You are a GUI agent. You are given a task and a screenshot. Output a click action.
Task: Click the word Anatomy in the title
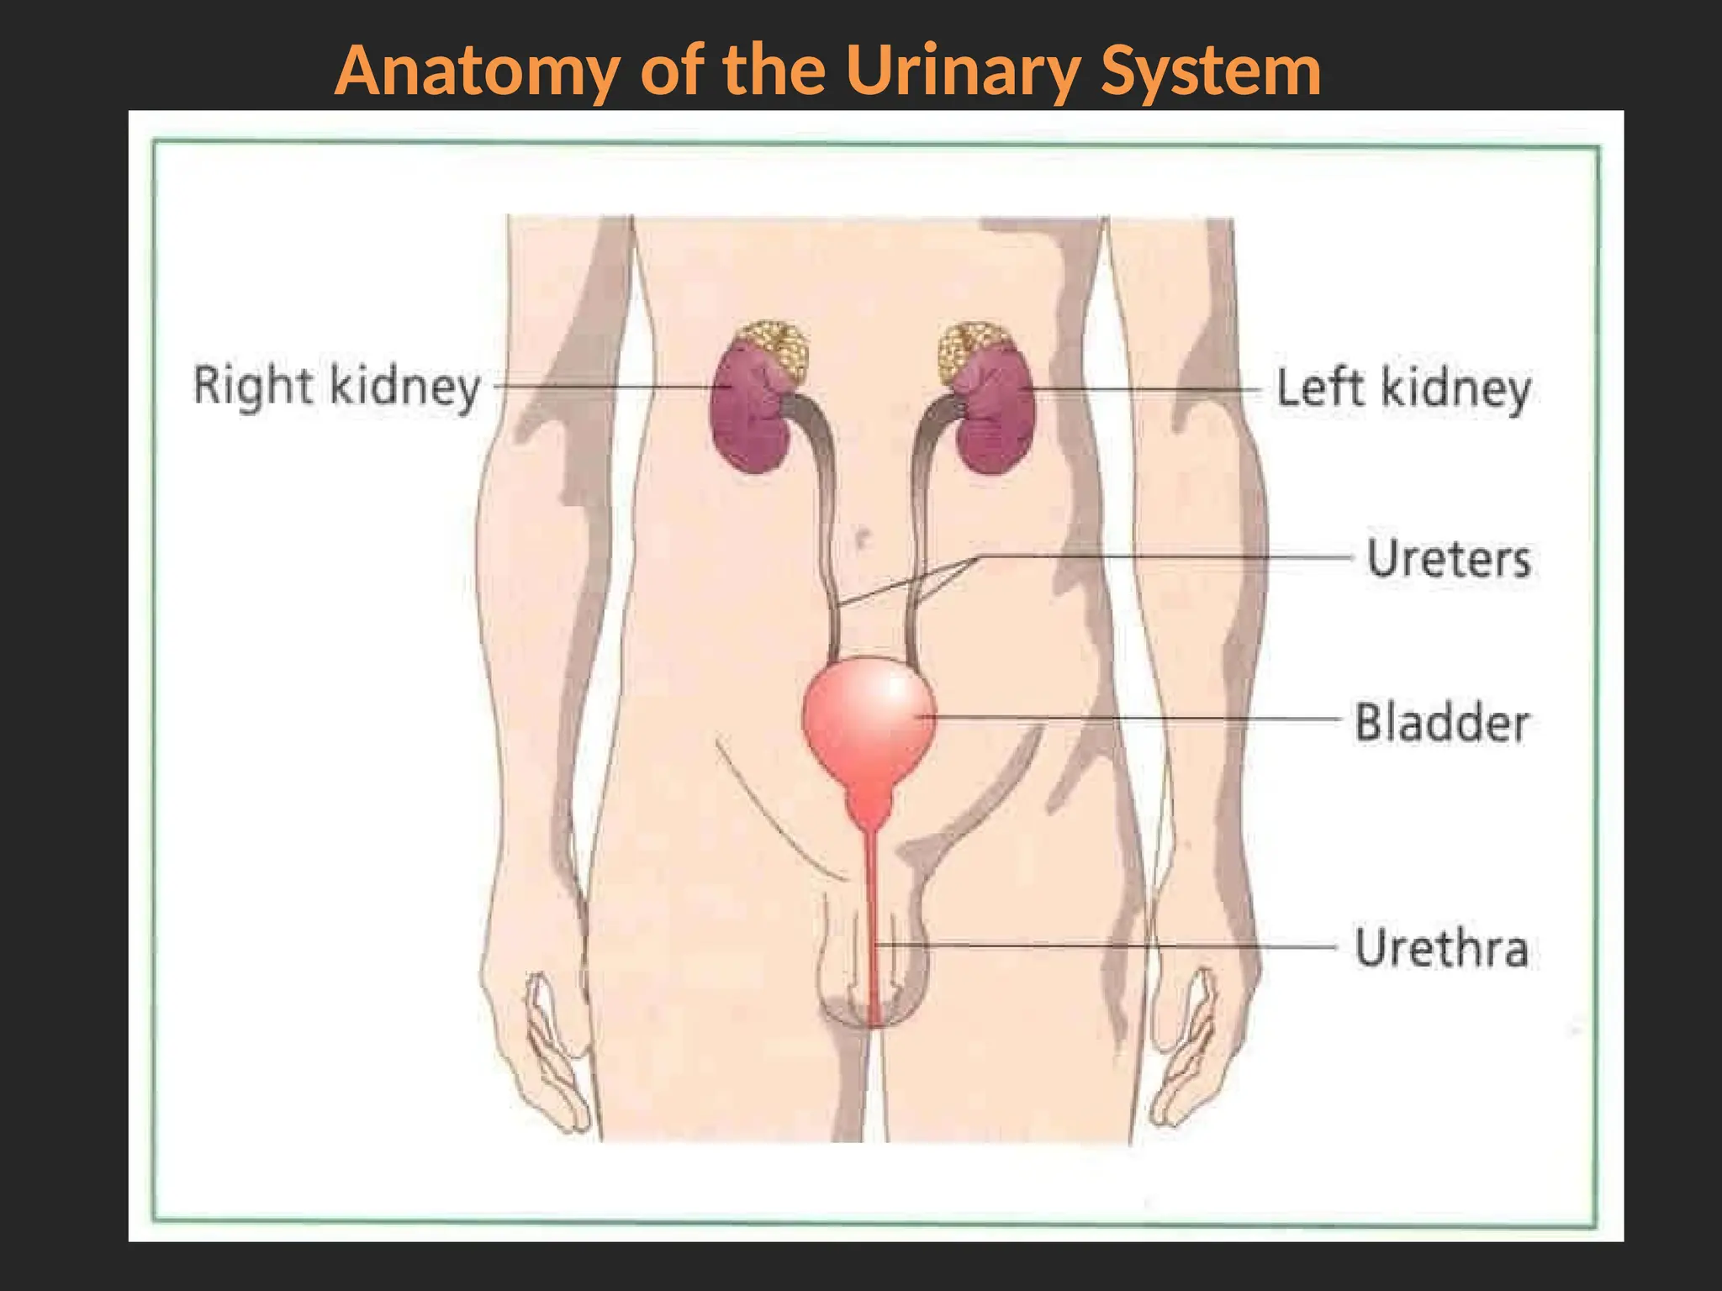click(478, 71)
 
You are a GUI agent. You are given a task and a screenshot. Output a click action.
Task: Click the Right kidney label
click(336, 387)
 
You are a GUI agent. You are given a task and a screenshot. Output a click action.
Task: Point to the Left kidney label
click(1403, 389)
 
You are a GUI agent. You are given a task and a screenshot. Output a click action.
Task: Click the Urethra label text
click(1441, 948)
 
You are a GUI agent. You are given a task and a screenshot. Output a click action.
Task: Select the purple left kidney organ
click(997, 420)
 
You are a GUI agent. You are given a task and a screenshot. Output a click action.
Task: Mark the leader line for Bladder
click(1135, 719)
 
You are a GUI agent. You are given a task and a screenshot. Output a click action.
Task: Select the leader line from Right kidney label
click(605, 387)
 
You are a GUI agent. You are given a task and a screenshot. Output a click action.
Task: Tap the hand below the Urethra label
click(1186, 1051)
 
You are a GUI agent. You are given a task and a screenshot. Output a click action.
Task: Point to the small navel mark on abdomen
click(860, 536)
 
